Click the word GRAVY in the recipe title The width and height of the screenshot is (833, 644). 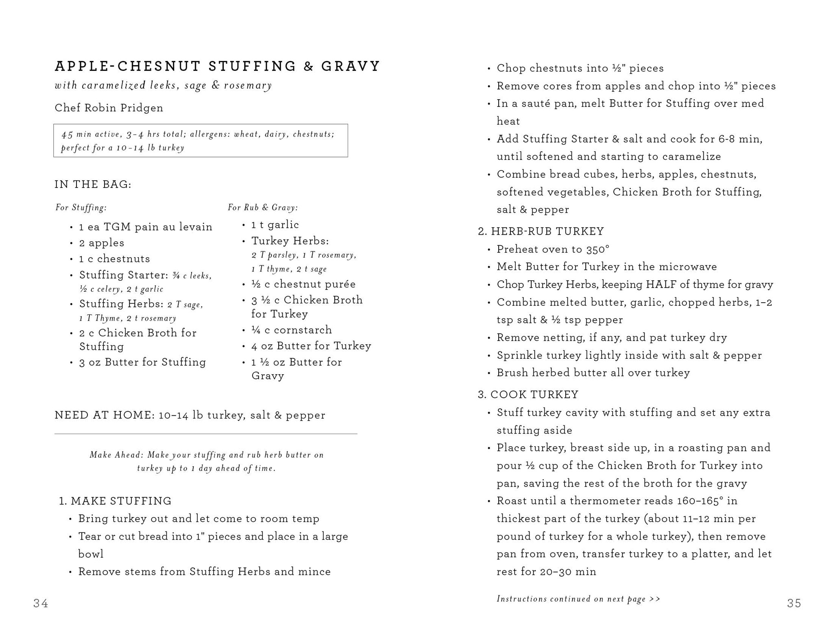point(351,66)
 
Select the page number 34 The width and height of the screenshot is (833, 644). point(41,603)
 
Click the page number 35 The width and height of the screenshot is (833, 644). point(794,603)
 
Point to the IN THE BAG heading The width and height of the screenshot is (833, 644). point(93,185)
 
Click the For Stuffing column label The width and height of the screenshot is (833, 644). point(81,208)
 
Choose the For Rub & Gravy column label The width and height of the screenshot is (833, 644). point(263,208)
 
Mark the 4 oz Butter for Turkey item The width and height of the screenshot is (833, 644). point(311,346)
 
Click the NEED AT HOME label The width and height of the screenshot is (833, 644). point(105,415)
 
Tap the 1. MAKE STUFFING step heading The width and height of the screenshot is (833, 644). point(115,501)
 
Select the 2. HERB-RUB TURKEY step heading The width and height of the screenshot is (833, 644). point(541,231)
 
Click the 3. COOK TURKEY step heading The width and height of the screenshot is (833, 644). point(528,395)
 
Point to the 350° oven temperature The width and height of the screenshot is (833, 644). point(598,249)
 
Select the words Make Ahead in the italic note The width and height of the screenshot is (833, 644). point(117,455)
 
